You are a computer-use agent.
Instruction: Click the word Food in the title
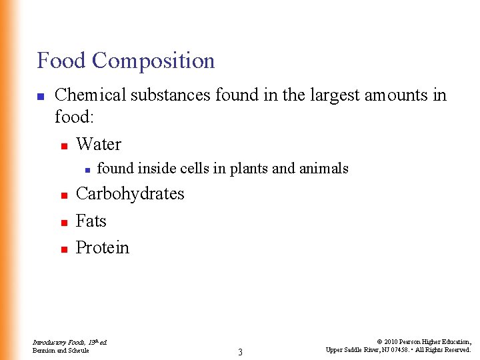(61, 61)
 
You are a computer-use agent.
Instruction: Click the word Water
(99, 145)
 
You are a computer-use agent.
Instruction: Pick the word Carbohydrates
(130, 194)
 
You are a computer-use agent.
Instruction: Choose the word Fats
(91, 221)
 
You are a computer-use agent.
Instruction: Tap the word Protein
(103, 248)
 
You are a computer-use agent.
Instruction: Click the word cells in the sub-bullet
(194, 169)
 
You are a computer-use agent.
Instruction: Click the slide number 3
(240, 352)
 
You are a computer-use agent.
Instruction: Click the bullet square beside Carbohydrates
(64, 195)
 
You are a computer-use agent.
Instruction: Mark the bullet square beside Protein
(64, 249)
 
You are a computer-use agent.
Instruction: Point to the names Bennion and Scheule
(61, 350)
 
